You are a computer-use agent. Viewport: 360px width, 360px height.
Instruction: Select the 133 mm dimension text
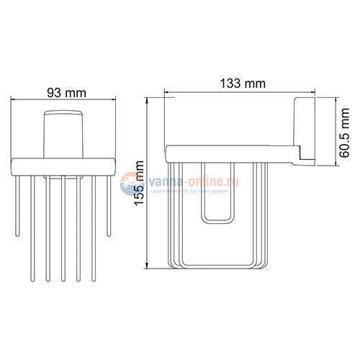point(241,84)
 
